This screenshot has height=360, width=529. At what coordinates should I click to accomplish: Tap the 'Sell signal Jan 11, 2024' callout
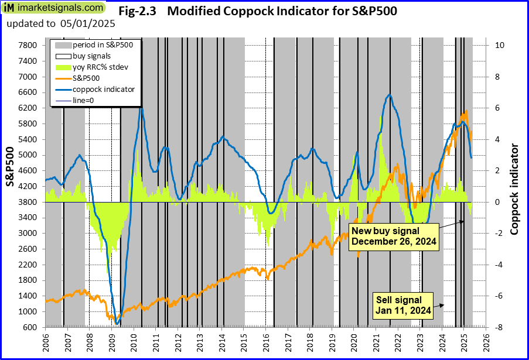pos(404,305)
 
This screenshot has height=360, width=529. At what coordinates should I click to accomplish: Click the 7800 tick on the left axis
pos(29,46)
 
